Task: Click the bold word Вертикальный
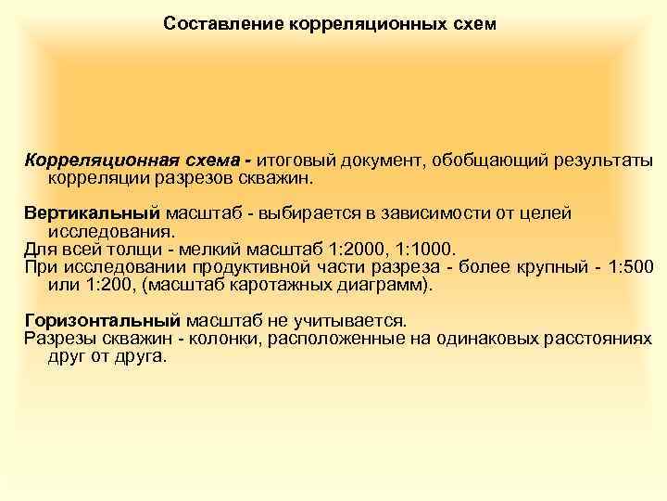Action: (92, 212)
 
